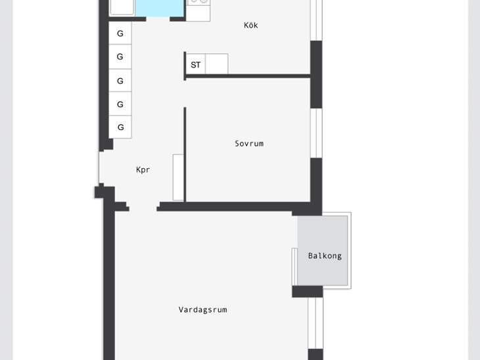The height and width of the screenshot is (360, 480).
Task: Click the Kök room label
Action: pyautogui.click(x=251, y=25)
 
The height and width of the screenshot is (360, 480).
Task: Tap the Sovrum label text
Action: pyautogui.click(x=249, y=143)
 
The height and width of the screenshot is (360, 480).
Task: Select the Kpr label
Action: pyautogui.click(x=143, y=169)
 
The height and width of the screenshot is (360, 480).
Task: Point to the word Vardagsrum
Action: pyautogui.click(x=203, y=309)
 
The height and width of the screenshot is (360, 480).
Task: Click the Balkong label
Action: pyautogui.click(x=325, y=256)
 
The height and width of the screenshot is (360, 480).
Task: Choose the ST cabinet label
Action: pyautogui.click(x=195, y=65)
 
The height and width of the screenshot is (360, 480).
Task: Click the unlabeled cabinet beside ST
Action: pyautogui.click(x=217, y=64)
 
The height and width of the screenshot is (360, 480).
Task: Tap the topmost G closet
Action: pyautogui.click(x=120, y=33)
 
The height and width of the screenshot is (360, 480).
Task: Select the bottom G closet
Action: pyautogui.click(x=120, y=127)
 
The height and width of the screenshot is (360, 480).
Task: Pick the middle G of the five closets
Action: pyautogui.click(x=120, y=80)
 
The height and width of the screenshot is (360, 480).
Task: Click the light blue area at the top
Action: pyautogui.click(x=160, y=9)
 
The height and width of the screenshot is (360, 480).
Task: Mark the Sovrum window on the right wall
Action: pyautogui.click(x=316, y=133)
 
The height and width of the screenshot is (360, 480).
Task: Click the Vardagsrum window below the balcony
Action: pyautogui.click(x=316, y=323)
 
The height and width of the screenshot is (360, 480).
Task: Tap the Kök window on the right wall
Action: pyautogui.click(x=316, y=20)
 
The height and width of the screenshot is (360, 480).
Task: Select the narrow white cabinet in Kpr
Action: pyautogui.click(x=178, y=177)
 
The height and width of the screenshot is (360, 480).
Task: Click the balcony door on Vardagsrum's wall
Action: pyautogui.click(x=295, y=267)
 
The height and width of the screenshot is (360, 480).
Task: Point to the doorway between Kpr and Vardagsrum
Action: pyautogui.click(x=143, y=207)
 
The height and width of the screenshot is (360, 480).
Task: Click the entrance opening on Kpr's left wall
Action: pyautogui.click(x=101, y=168)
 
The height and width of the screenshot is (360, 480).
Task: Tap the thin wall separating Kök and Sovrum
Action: pyautogui.click(x=248, y=76)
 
